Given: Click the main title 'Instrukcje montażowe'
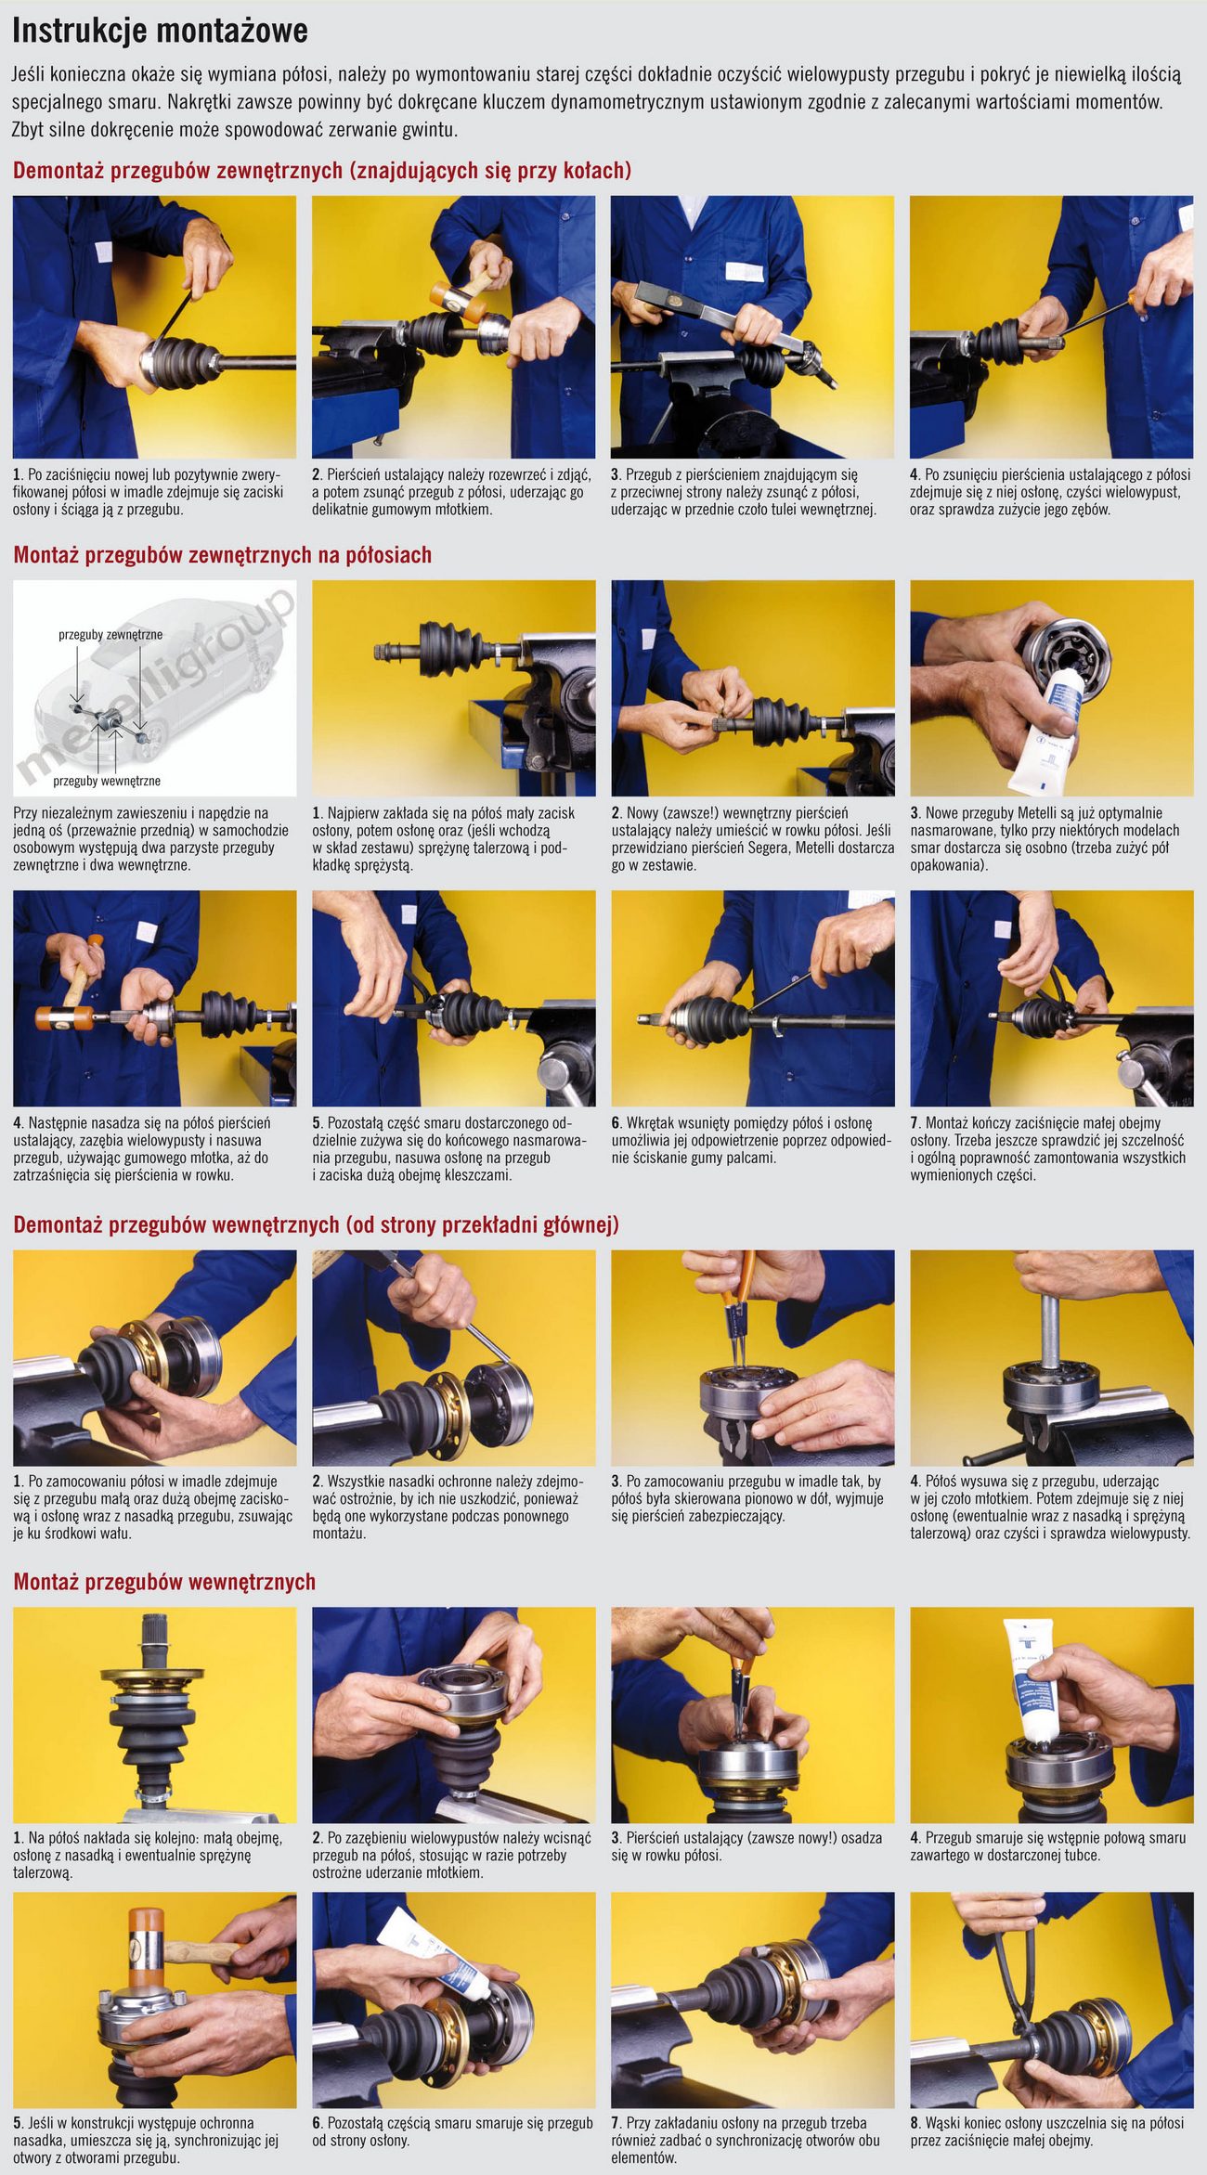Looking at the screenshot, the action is point(160,31).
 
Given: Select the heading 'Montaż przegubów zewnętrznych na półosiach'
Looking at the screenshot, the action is point(223,555).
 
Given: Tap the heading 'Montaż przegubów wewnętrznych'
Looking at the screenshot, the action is point(164,1582).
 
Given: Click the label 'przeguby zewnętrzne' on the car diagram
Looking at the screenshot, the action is point(110,635).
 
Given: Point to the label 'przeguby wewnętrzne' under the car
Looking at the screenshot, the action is point(107,781).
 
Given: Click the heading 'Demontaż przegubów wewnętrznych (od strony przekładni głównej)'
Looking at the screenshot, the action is point(316,1224).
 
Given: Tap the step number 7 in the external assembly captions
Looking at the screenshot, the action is point(915,1123).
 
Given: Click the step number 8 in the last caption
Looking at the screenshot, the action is point(915,2123).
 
